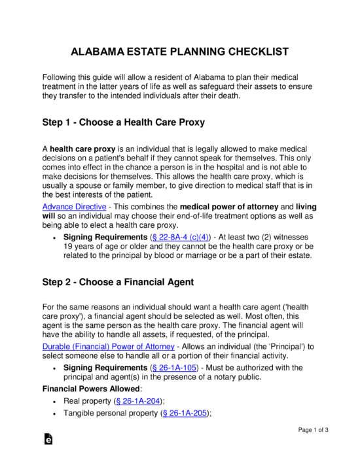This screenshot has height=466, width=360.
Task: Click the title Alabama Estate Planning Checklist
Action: click(x=180, y=52)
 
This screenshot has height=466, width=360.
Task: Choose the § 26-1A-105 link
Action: click(x=173, y=368)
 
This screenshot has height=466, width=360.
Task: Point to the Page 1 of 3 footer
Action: click(x=313, y=430)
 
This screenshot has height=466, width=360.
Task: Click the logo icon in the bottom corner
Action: click(x=49, y=440)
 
